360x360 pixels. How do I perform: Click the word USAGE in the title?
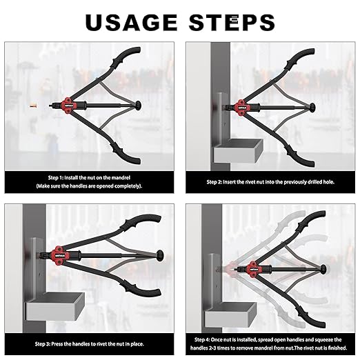[131, 22]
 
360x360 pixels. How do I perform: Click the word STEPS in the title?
[232, 22]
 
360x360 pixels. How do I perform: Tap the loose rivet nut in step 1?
[34, 106]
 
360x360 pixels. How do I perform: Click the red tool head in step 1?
[69, 106]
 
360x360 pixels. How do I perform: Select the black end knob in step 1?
[139, 106]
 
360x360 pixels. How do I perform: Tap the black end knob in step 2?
[312, 108]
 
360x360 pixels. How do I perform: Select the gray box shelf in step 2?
[238, 151]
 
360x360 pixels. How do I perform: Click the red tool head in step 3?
[59, 255]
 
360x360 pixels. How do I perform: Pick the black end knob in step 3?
[160, 254]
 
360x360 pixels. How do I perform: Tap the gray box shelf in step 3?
[55, 306]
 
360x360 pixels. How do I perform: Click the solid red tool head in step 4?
[253, 269]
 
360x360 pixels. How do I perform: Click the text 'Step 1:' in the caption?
[55, 178]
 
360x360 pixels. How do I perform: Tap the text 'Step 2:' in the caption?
[214, 182]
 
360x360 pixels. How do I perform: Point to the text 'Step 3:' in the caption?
[43, 344]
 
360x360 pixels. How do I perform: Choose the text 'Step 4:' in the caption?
[202, 340]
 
